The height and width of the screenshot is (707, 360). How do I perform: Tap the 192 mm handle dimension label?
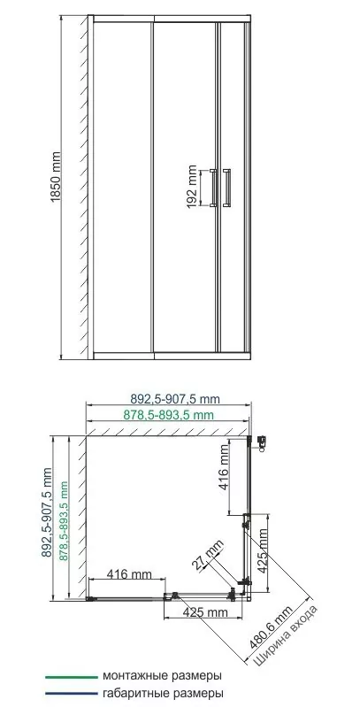193,186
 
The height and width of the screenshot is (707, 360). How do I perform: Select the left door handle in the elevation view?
213,187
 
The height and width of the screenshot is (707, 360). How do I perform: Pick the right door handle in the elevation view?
229,187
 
